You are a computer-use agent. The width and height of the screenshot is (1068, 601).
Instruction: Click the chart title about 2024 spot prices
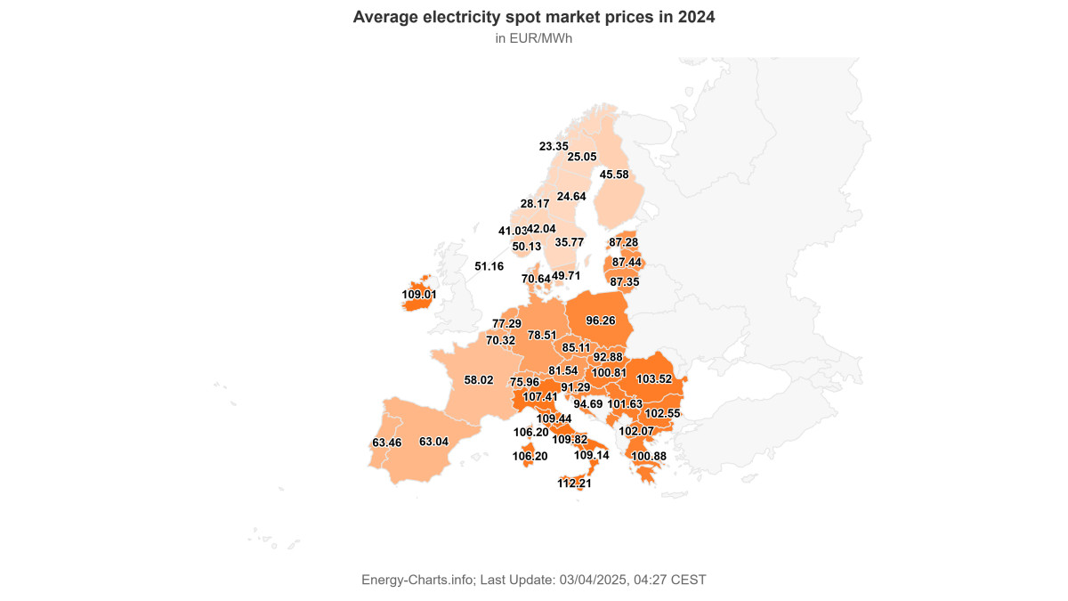coord(534,17)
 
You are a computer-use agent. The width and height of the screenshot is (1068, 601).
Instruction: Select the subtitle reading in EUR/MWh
coord(534,38)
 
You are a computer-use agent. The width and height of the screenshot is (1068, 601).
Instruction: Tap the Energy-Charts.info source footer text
coord(534,580)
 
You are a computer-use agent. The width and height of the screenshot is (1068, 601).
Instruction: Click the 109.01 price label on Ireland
coord(419,294)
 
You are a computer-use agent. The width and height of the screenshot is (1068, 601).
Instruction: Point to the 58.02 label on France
coord(479,380)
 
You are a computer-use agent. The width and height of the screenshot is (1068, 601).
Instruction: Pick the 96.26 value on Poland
coord(601,321)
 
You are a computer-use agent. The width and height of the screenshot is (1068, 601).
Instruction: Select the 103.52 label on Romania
coord(654,379)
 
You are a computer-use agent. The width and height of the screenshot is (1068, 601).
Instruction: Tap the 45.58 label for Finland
coord(614,175)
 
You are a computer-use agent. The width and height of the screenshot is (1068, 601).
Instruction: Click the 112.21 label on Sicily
coord(574,483)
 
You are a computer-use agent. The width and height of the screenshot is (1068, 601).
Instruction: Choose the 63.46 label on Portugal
coord(387,443)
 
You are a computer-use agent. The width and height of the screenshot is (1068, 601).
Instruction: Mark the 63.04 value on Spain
coord(433,442)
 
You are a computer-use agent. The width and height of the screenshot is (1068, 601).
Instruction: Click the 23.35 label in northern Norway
coord(554,146)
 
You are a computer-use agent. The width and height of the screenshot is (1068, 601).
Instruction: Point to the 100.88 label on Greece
coord(648,457)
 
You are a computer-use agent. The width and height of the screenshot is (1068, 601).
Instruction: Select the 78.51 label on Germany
coord(542,336)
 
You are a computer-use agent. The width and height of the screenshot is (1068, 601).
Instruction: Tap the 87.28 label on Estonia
coord(623,242)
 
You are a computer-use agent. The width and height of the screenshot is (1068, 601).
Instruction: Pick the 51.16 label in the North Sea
coord(489,266)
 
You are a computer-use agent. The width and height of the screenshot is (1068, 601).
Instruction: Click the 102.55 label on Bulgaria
coord(662,414)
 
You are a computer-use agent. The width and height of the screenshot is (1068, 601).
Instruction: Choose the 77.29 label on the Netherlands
coord(506,323)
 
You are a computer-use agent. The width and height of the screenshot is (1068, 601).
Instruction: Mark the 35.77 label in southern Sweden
coord(569,242)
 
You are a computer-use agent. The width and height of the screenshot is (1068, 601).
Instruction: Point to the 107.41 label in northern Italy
coord(540,397)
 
